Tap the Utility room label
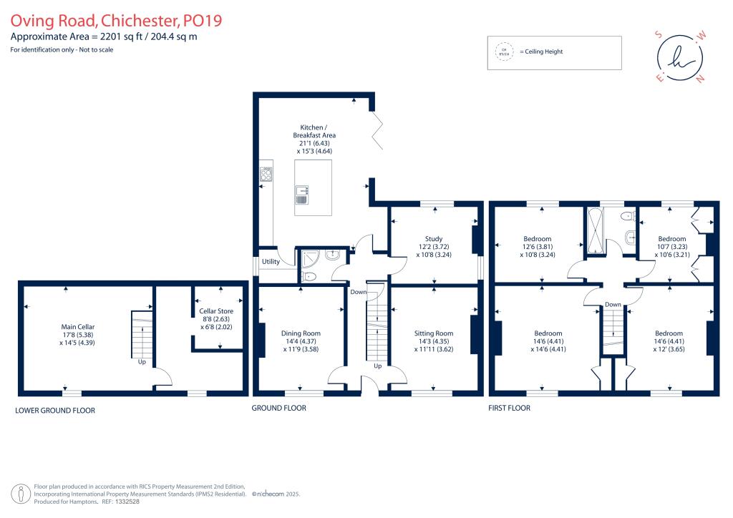[x=271, y=263]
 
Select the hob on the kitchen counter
[x=266, y=173]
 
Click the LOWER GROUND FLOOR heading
[x=55, y=411]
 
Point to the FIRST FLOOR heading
[x=510, y=409]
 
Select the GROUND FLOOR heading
[x=279, y=409]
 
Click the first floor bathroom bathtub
[x=596, y=230]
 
